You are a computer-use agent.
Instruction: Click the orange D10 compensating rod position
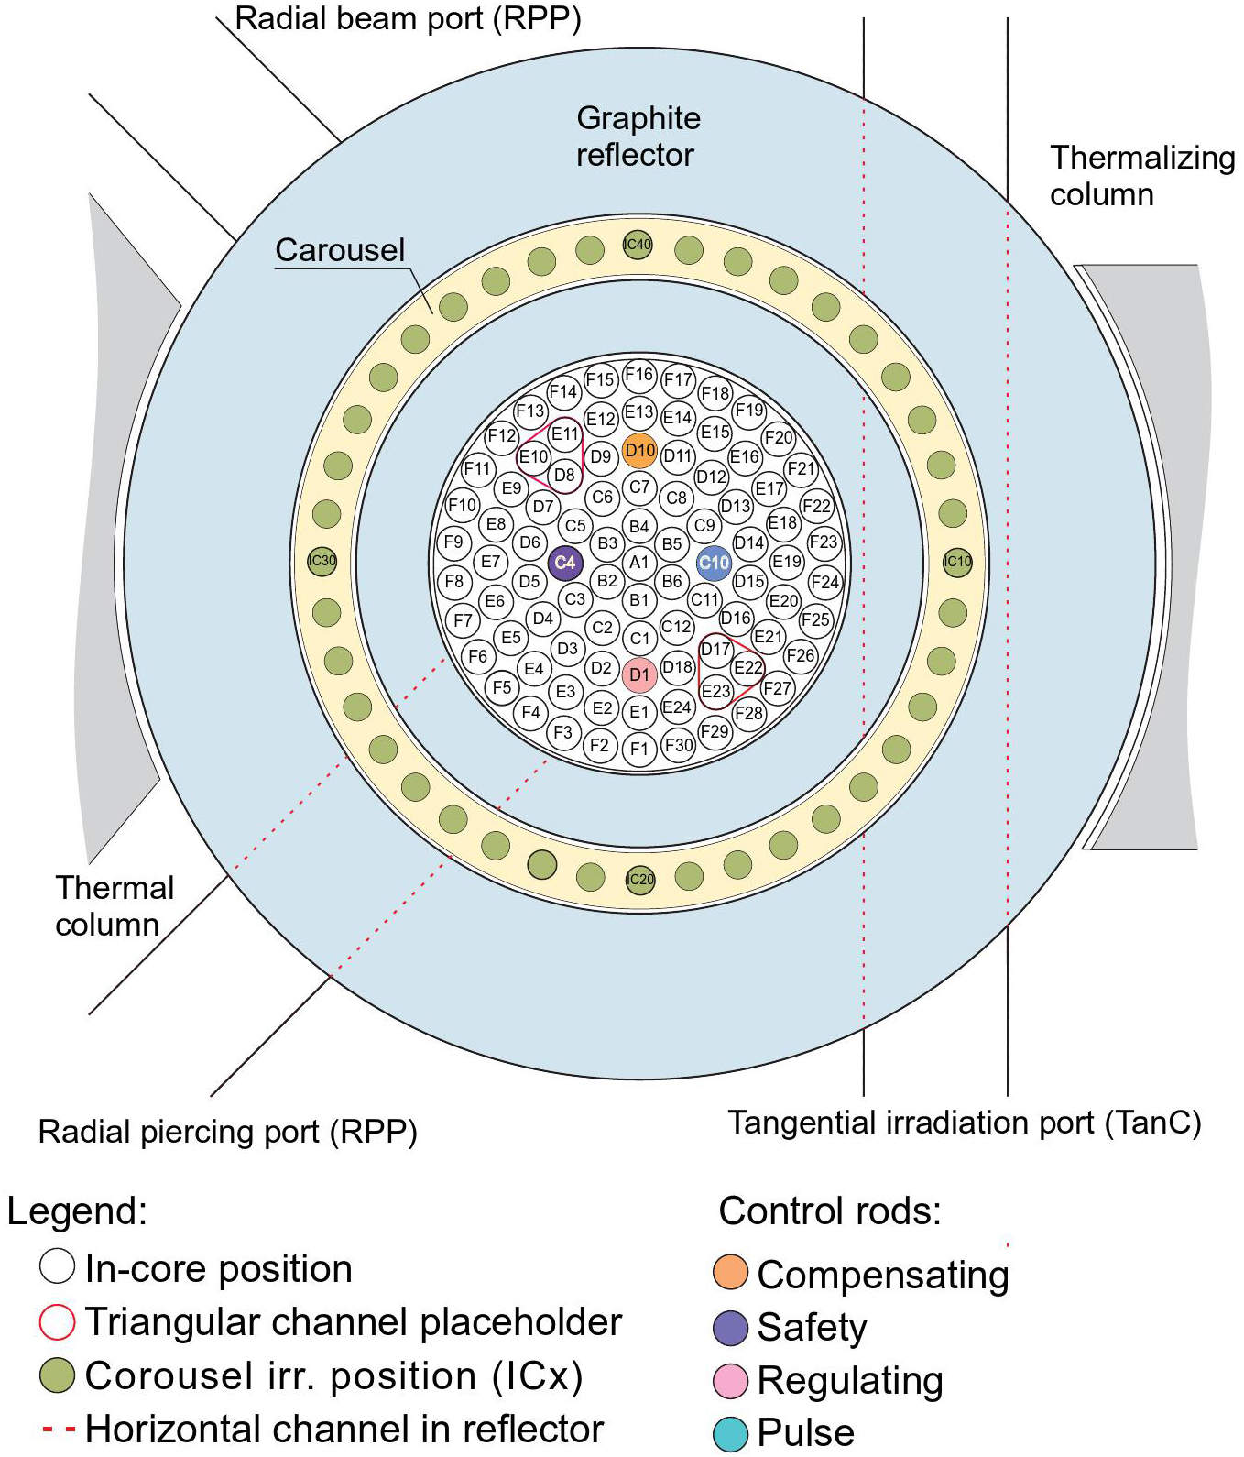click(x=639, y=450)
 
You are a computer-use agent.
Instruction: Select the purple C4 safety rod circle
click(x=565, y=563)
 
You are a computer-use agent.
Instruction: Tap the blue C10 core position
click(x=714, y=563)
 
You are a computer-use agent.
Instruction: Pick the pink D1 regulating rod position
click(x=639, y=674)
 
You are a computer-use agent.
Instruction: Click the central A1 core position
click(x=639, y=563)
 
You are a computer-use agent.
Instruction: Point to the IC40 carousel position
click(x=638, y=245)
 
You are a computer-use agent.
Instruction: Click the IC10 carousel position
click(x=957, y=562)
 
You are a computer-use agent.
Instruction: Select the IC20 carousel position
click(x=640, y=880)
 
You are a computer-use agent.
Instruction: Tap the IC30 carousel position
click(x=322, y=561)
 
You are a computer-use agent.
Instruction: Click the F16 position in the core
click(x=638, y=374)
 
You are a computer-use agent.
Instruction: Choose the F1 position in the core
click(x=639, y=749)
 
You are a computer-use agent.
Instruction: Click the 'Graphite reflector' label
click(x=638, y=137)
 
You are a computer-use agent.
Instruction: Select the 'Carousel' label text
click(x=340, y=250)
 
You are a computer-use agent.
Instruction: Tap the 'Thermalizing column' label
click(x=1141, y=176)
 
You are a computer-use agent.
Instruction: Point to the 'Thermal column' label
click(x=114, y=906)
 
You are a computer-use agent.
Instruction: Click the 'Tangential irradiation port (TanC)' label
click(x=964, y=1123)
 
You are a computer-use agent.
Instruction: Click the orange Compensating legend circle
click(x=730, y=1273)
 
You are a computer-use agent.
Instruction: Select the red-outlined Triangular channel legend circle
click(x=57, y=1321)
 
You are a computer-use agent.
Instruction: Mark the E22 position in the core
click(x=748, y=667)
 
